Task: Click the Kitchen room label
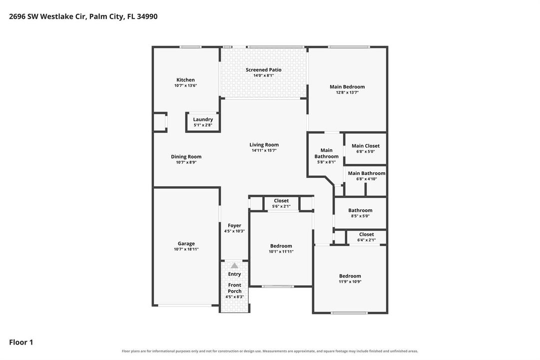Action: click(186, 79)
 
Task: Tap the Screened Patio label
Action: click(263, 69)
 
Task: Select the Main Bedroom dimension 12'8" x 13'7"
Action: click(347, 92)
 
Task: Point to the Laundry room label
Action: click(203, 119)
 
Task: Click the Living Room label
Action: click(264, 145)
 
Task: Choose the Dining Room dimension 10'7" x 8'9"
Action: click(186, 162)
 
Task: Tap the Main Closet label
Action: click(366, 146)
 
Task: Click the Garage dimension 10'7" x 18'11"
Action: click(186, 249)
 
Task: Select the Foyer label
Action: click(234, 225)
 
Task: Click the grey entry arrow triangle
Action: click(234, 265)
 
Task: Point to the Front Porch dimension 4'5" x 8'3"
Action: click(234, 296)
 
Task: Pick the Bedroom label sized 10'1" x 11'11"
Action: click(281, 246)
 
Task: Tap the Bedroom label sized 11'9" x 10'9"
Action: click(350, 276)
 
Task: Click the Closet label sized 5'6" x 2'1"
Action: click(281, 200)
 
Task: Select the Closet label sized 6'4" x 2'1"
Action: click(367, 234)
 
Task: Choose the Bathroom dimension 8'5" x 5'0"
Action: click(360, 216)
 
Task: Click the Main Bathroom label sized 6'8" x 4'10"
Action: click(367, 173)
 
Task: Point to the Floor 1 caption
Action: click(21, 342)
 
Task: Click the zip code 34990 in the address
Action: click(147, 16)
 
